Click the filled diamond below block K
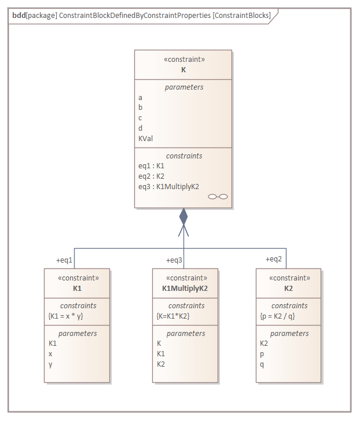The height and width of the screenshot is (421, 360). [183, 217]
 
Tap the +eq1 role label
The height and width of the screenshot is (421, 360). [64, 260]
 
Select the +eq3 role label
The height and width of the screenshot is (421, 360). [175, 260]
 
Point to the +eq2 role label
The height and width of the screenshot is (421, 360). [274, 259]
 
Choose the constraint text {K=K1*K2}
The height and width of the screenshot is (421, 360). [174, 316]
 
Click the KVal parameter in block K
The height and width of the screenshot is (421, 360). [145, 138]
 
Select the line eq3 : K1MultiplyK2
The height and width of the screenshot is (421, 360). [168, 186]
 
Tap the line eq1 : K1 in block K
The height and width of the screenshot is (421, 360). [152, 165]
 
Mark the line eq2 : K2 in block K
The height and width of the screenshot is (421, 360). [152, 176]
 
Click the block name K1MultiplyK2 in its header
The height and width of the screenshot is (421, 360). [185, 287]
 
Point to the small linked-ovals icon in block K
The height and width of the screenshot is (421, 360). [218, 197]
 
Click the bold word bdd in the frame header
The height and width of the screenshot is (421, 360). [19, 16]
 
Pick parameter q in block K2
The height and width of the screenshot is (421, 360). [262, 364]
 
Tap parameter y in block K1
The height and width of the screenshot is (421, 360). [50, 364]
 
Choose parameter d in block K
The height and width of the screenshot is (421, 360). [140, 128]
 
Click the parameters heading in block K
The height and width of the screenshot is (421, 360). [183, 87]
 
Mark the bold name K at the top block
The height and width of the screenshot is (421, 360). [183, 69]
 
